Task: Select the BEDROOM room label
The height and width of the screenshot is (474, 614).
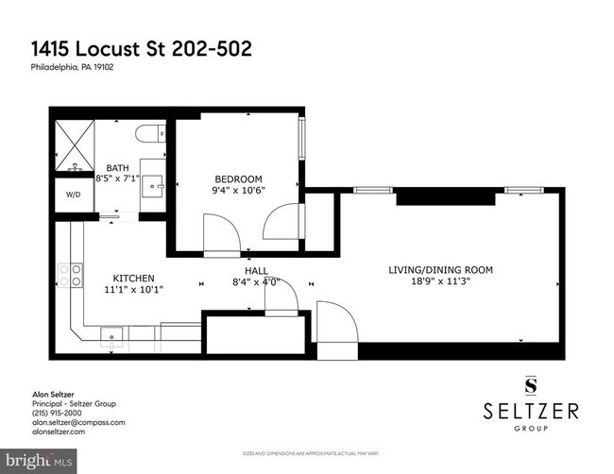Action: [x=238, y=178]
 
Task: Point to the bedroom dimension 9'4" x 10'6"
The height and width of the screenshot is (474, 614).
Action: [x=238, y=189]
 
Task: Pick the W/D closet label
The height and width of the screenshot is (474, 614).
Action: [x=74, y=196]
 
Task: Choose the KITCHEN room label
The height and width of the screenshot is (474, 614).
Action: [x=133, y=279]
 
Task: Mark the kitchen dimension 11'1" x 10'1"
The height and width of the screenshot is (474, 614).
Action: [x=133, y=289]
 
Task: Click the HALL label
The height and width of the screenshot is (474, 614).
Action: [x=257, y=270]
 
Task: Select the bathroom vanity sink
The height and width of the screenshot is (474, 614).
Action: [x=151, y=185]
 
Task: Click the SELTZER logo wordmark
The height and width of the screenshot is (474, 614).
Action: [x=530, y=413]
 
